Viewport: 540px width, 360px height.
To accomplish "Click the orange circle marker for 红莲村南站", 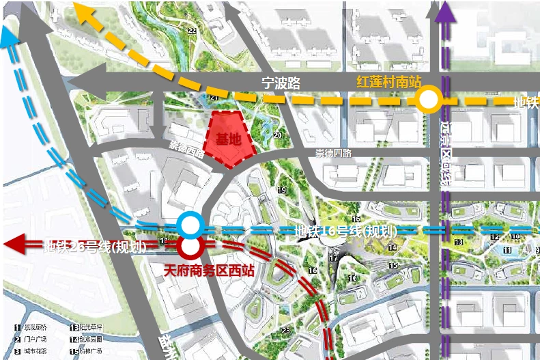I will tap(429, 101).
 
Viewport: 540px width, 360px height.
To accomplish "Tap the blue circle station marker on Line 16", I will tap(188, 224).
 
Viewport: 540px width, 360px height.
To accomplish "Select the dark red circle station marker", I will tap(188, 245).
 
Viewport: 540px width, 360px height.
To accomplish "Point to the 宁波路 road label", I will tap(281, 84).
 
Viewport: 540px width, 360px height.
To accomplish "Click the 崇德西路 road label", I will tap(186, 150).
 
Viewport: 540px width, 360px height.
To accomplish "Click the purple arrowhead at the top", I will tap(444, 11).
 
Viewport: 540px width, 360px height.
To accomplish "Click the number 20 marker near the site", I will tap(277, 135).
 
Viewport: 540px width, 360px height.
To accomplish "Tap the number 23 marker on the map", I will tap(285, 331).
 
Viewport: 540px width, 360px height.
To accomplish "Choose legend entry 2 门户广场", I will tap(31, 339).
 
